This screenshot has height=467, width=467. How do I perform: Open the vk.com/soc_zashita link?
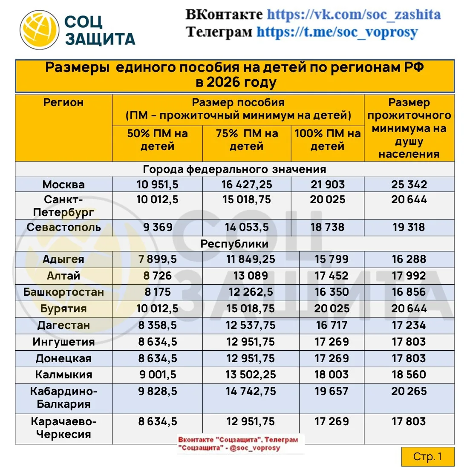point(354,14)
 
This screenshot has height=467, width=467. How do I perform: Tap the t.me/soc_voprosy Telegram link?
point(337,32)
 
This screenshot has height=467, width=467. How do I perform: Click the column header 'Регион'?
point(63,103)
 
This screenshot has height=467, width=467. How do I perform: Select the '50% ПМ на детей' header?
point(157,140)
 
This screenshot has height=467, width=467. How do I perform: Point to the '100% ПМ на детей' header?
point(327,140)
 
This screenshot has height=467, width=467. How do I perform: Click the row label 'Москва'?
point(63,184)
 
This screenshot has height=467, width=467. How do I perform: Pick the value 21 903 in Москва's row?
point(327,184)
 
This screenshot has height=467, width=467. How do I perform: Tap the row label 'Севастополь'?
point(63,227)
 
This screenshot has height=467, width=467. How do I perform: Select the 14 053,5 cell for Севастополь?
point(247,227)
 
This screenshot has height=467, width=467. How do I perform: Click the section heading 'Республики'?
point(234,244)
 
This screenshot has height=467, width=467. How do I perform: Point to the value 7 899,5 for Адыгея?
point(157,259)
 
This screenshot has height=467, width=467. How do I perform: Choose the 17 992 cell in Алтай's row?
point(409,276)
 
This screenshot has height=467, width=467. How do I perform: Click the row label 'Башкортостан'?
point(63,292)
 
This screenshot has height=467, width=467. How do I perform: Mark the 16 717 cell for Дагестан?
point(332,325)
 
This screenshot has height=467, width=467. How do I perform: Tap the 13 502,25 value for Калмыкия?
point(251,375)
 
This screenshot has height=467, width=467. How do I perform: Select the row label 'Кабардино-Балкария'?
point(63,398)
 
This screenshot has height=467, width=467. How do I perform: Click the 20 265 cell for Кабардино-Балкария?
point(409,391)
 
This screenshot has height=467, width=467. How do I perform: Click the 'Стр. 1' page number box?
point(427,457)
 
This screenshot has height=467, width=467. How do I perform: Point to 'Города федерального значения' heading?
point(234,169)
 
